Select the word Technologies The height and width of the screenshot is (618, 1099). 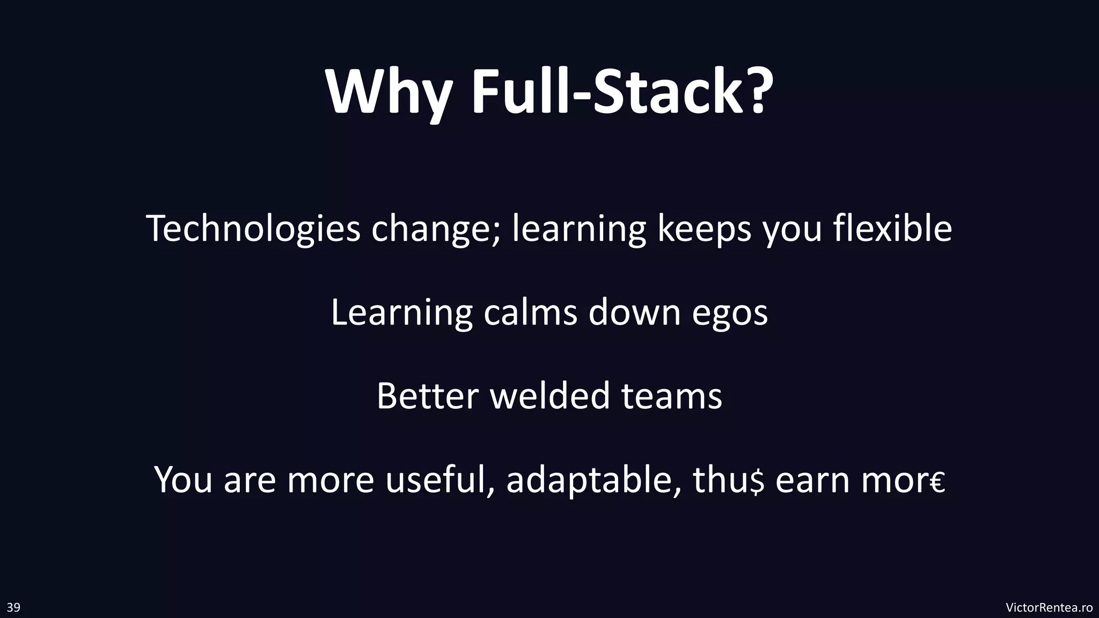(253, 229)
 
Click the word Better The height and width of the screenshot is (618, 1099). (427, 396)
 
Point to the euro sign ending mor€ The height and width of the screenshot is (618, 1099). (938, 483)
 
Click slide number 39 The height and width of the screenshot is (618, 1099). (13, 607)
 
